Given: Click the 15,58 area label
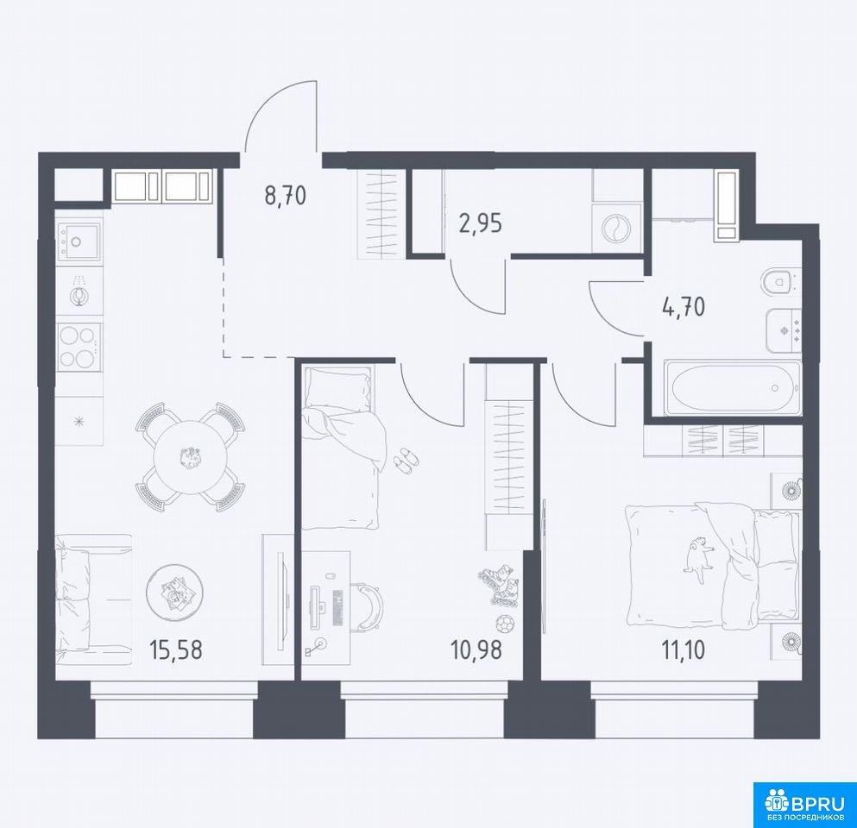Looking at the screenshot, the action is [176, 649].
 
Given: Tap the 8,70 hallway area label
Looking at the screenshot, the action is [286, 195].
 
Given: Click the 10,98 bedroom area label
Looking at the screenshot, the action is [476, 649].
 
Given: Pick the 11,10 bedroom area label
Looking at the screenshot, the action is [684, 649].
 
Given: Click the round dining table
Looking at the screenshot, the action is [190, 456].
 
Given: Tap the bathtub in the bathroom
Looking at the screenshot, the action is [733, 388].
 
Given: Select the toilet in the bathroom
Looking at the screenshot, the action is [779, 282].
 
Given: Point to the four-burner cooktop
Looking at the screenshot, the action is [79, 345].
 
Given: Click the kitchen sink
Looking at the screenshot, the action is [79, 241].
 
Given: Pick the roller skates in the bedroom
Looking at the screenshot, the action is [498, 585].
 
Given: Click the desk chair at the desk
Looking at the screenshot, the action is [369, 607].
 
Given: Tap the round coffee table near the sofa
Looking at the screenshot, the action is [175, 592].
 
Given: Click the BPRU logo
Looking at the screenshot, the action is [804, 805].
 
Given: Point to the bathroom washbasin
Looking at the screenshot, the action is [784, 330].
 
